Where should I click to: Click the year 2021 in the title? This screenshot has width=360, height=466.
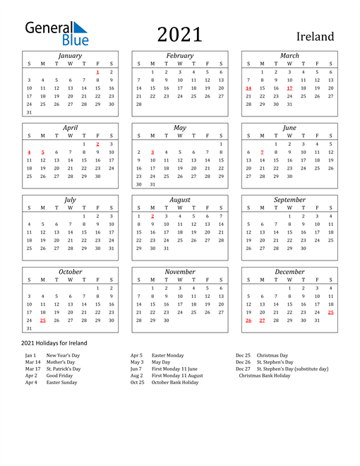[x=179, y=35]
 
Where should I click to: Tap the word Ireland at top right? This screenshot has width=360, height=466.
[x=315, y=36]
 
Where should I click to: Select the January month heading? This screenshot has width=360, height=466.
[x=70, y=55]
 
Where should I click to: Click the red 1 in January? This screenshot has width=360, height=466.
[x=97, y=72]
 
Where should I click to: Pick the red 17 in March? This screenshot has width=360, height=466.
[x=289, y=88]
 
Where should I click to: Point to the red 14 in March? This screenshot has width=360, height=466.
[x=248, y=88]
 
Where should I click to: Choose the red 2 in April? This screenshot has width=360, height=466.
[x=97, y=143]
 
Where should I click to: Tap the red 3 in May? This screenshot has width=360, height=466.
[x=152, y=152]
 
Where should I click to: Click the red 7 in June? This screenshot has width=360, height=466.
[x=262, y=152]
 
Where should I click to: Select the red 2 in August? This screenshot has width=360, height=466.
[x=152, y=215]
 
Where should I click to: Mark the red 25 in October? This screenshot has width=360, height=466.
[x=42, y=320]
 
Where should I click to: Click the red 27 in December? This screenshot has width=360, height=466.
[x=262, y=320]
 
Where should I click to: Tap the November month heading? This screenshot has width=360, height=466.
[x=180, y=272]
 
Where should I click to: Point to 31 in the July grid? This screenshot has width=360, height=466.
[x=111, y=248]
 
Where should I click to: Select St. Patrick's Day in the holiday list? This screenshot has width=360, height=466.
[x=64, y=369]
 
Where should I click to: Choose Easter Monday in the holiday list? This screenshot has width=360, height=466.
[x=168, y=355]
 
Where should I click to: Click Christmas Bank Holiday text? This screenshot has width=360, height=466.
[x=264, y=376]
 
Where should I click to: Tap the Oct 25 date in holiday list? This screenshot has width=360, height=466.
[x=137, y=382]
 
